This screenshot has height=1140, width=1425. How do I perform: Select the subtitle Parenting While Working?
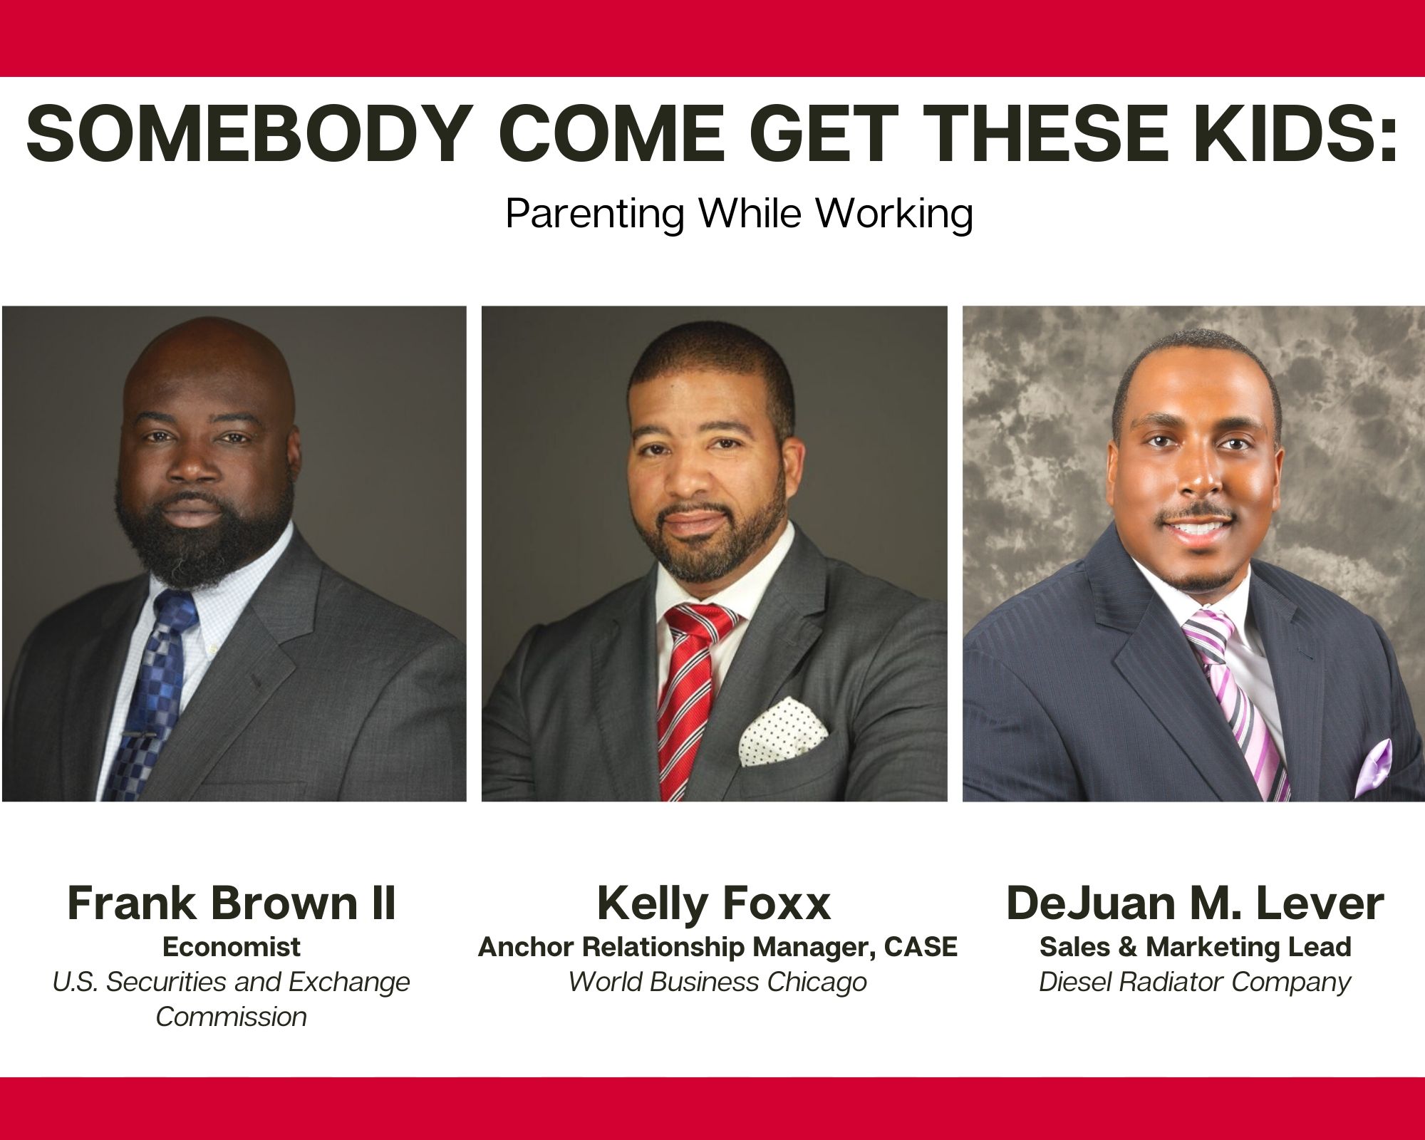[x=739, y=212]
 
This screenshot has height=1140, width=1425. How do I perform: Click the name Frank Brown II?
[x=232, y=903]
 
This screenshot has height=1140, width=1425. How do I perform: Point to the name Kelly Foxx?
[x=714, y=903]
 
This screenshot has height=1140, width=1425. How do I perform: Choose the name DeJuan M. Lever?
[x=1195, y=903]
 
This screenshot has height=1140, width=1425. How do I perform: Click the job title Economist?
[x=232, y=947]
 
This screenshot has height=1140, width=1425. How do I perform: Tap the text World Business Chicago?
[x=717, y=983]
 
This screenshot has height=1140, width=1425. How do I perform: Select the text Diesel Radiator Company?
[x=1195, y=983]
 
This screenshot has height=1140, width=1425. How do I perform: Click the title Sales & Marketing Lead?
[x=1196, y=947]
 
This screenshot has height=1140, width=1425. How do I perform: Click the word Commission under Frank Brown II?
[x=232, y=1017]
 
